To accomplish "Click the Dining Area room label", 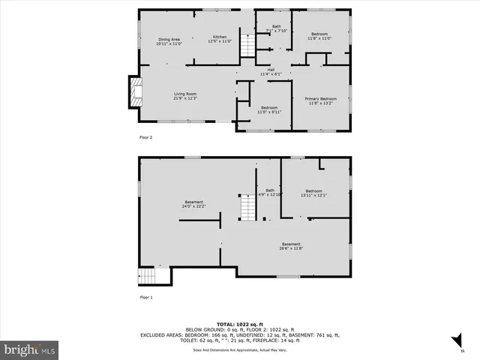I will point(169,41).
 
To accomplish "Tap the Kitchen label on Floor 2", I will point(219,39).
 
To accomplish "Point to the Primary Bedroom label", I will point(320,100).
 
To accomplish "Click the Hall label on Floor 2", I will point(270,72).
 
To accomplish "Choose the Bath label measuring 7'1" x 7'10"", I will point(277,28).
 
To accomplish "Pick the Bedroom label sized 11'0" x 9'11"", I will point(269,109).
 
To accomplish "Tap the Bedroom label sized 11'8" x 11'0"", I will point(319,36).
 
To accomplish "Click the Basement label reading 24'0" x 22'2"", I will point(194,204).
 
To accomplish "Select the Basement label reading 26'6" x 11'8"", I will point(291,246).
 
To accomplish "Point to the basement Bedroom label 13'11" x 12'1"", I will point(313,193).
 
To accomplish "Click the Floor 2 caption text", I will point(145,138).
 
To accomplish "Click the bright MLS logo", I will point(30,349).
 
